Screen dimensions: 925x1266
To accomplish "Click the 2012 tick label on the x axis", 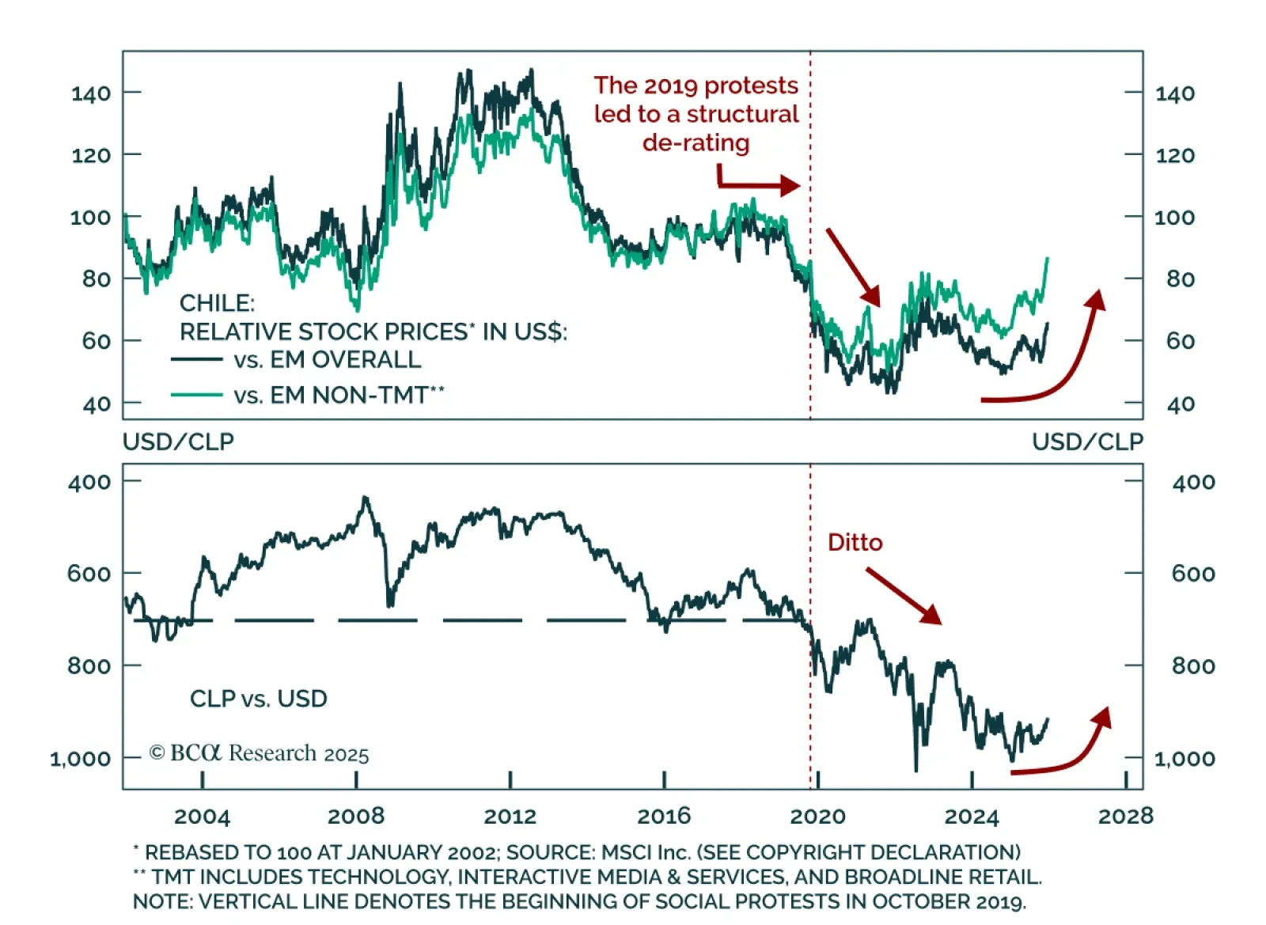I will (510, 816).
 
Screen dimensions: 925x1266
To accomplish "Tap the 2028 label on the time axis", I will (1125, 816).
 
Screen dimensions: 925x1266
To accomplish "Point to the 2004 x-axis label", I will (202, 816).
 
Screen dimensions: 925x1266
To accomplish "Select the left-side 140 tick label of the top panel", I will (91, 93).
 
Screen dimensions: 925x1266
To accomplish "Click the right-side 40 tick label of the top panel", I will (1181, 404).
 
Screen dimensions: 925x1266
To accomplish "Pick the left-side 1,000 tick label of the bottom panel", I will (80, 759).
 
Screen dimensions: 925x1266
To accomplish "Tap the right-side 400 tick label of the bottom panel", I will (1193, 482).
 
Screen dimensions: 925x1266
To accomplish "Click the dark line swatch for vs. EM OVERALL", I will (196, 360).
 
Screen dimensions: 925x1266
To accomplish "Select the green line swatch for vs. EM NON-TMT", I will (196, 394).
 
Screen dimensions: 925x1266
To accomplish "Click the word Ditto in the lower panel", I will (855, 543).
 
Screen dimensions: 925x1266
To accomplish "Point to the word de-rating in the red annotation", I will (696, 143).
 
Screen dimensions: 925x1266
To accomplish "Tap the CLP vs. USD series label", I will (258, 699).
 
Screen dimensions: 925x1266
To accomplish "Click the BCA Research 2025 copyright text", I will (259, 753).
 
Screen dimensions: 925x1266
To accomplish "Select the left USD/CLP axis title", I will (178, 442).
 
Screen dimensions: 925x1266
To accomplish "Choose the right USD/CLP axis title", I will (1087, 442).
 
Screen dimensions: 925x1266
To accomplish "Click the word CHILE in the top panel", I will (217, 303).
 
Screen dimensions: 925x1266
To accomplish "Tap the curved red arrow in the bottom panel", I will (1068, 752).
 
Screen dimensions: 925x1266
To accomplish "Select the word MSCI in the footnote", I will (627, 852).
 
